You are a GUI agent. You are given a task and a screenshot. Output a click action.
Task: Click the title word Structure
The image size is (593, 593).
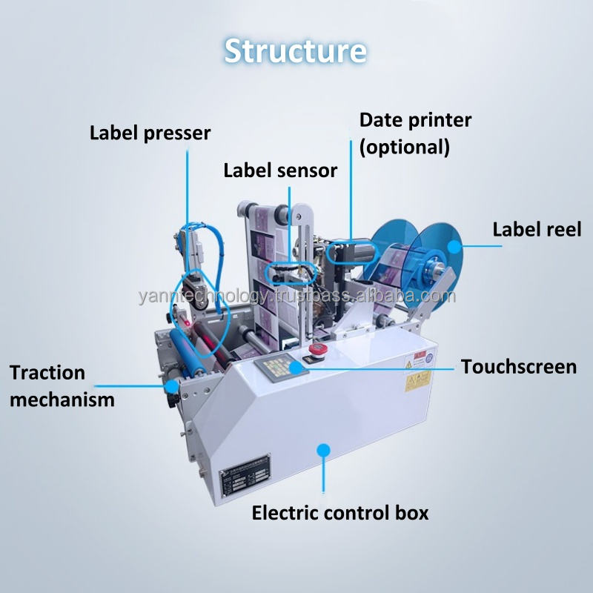pos(295,50)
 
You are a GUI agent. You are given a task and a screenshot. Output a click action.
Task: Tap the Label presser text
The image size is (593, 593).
pos(150,133)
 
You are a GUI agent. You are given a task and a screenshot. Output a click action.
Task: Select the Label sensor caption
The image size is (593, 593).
pos(280,170)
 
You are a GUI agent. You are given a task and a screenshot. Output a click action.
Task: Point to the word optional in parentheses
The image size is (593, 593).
pos(405,146)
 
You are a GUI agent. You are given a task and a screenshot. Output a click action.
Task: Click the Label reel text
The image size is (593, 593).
pos(537,229)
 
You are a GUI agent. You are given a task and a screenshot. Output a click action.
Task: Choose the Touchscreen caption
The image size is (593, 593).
pos(519,366)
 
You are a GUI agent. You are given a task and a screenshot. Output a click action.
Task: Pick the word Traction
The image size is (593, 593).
pos(47,372)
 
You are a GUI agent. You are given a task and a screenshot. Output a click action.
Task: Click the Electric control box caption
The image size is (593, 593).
pos(340,512)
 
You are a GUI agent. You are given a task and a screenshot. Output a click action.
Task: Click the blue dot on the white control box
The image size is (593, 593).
pos(322,448)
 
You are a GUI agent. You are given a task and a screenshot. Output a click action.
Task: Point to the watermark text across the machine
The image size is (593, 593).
pos(296,296)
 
